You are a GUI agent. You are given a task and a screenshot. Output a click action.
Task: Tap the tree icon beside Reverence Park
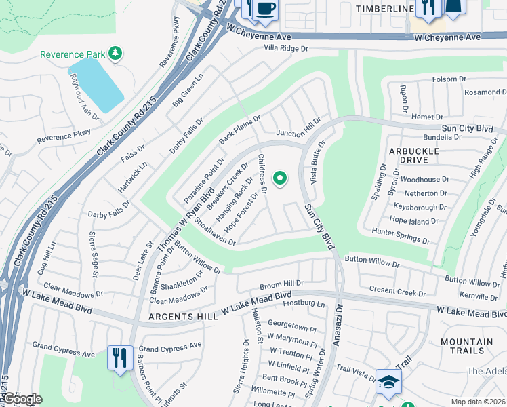click(x=115, y=53)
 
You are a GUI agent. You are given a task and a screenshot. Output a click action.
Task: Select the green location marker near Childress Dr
click(x=279, y=178)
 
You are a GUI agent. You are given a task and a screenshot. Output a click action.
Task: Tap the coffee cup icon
click(x=264, y=9)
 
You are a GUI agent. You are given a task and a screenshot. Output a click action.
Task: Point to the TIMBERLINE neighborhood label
click(x=384, y=8)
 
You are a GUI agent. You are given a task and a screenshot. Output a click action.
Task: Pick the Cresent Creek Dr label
click(x=397, y=291)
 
